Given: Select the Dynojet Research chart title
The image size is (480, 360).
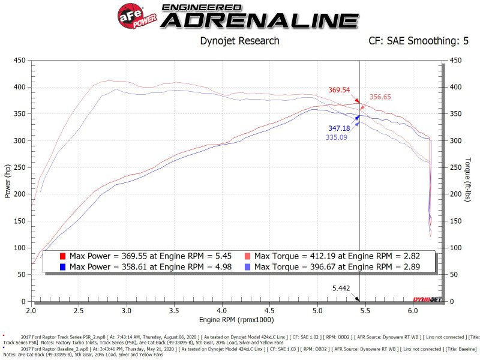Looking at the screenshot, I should [239, 41].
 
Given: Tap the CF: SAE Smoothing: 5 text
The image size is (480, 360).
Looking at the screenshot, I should [418, 41].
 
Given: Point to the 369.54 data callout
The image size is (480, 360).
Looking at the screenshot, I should [339, 90].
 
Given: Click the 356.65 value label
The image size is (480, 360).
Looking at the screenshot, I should [381, 97].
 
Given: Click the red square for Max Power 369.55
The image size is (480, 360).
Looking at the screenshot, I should [62, 256].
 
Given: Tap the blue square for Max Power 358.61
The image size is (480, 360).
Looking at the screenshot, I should [62, 266].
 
